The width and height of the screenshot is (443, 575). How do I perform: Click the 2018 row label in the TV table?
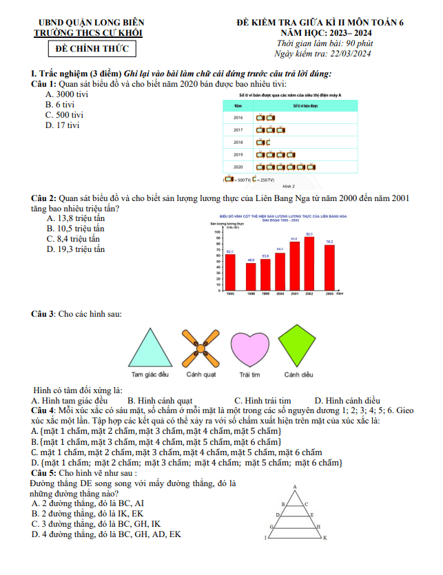[x=238, y=142]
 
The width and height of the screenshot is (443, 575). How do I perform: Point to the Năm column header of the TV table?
[x=238, y=106]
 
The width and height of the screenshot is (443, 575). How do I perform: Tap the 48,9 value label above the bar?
[x=251, y=260]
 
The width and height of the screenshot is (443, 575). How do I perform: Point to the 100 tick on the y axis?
[x=218, y=232]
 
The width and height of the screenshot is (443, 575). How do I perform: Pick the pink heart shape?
[x=250, y=350]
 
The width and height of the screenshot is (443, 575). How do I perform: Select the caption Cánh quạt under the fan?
[x=200, y=375]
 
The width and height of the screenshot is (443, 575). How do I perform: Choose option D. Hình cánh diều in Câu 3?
[x=347, y=401]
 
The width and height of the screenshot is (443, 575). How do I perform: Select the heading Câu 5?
[x=44, y=473]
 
